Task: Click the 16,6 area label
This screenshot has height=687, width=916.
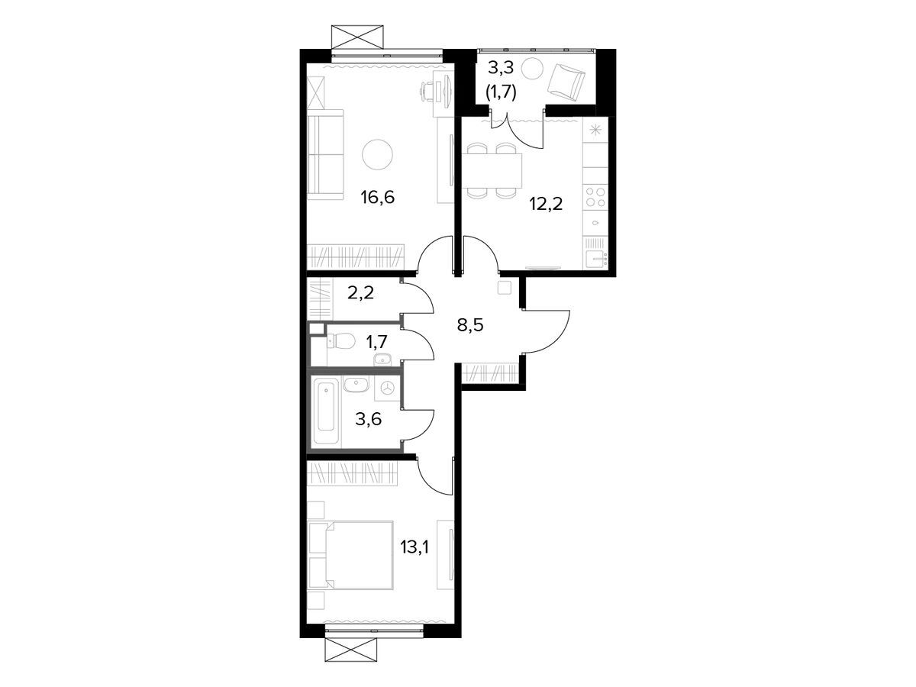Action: (378, 197)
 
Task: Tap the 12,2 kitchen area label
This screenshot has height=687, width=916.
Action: (546, 204)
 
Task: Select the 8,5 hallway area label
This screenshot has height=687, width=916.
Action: (470, 324)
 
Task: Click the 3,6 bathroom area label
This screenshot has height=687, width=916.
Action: (369, 419)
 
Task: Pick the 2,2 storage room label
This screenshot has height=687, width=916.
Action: (360, 293)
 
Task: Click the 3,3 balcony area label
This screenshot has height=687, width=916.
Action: (501, 67)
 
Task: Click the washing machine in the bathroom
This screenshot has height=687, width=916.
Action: (388, 389)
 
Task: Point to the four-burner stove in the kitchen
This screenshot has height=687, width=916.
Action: (595, 197)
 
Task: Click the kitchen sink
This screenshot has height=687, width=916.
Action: (595, 260)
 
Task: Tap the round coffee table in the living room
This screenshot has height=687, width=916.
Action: (377, 154)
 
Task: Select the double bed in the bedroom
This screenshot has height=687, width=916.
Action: (350, 555)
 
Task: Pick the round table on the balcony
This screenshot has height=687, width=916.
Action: (531, 68)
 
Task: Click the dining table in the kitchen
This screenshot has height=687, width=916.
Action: (492, 170)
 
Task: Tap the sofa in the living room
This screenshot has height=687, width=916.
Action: (325, 155)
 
